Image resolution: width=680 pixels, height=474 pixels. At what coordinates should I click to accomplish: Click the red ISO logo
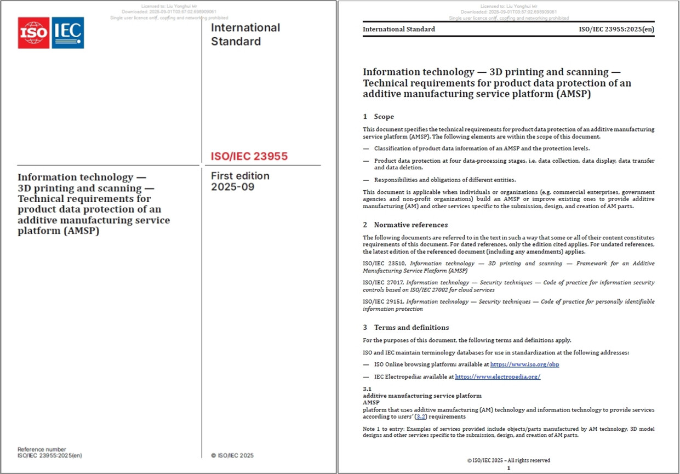[x=33, y=33]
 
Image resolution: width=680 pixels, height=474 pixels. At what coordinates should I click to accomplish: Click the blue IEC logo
[x=67, y=33]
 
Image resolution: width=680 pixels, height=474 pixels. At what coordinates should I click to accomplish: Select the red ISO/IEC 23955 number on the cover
[x=249, y=157]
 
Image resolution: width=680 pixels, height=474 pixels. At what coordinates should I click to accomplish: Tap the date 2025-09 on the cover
[x=233, y=187]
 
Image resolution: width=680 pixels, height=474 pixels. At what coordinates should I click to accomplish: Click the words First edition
[x=240, y=176]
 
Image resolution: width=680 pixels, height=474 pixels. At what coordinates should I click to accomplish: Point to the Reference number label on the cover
[x=42, y=449]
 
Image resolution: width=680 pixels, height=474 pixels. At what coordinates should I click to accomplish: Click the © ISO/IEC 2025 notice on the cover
[x=232, y=455]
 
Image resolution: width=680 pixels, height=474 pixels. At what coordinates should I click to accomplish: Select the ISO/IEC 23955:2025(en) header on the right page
[x=616, y=29]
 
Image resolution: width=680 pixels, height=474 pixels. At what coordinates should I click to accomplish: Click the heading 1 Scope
[x=378, y=117]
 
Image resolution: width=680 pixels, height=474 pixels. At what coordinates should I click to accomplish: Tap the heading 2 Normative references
[x=405, y=225]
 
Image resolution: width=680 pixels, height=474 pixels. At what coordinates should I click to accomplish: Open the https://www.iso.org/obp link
[x=524, y=364]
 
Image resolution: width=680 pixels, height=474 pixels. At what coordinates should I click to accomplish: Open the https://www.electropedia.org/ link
[x=498, y=376]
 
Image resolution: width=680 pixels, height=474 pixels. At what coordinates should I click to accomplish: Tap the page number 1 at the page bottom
[x=508, y=469]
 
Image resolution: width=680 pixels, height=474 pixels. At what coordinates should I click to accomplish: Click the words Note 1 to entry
[x=381, y=429]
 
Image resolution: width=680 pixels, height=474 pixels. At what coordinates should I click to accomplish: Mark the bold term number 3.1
[x=367, y=389]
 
